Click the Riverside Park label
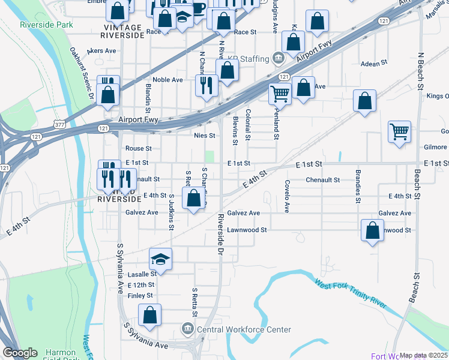46,25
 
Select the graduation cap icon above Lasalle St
160,259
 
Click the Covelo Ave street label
287,196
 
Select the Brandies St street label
358,187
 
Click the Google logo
20,353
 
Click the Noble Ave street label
167,80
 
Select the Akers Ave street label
101,51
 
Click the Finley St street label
140,295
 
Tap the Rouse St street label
139,148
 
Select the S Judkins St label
171,212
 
